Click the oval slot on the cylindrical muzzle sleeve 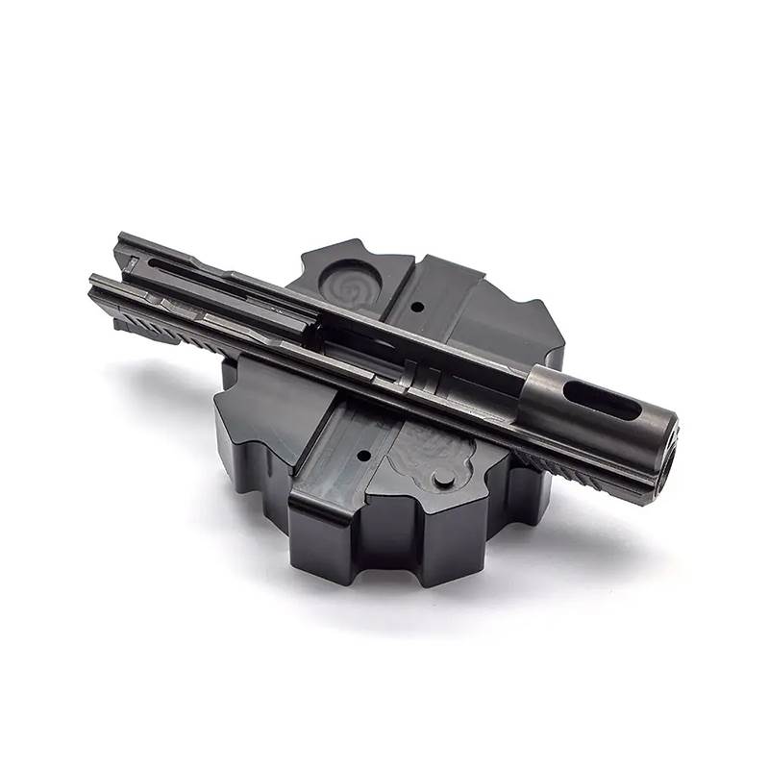click(602, 398)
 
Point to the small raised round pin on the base click(443, 477)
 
